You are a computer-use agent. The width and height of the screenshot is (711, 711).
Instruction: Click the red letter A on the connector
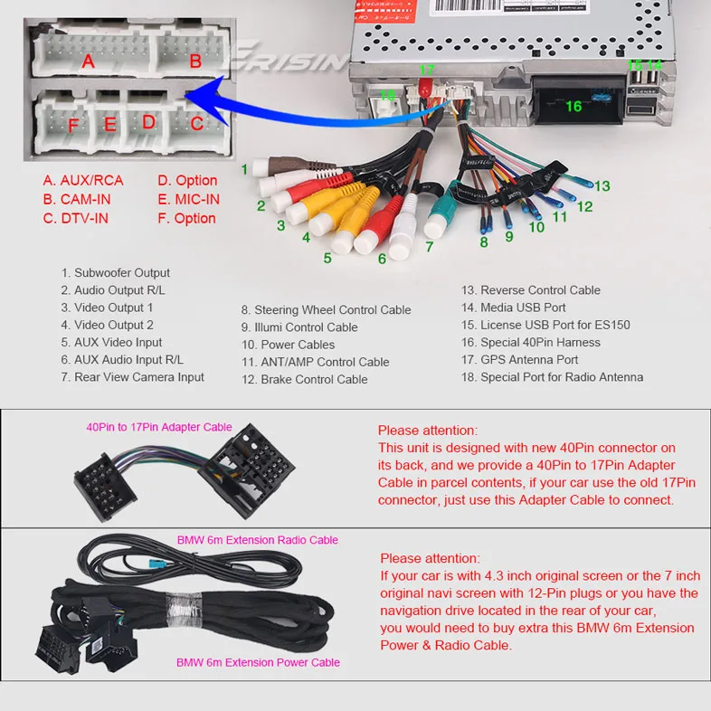coord(88,62)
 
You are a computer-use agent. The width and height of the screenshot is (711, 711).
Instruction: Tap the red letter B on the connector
coord(194,62)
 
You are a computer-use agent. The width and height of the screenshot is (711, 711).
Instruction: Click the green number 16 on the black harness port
coord(574,106)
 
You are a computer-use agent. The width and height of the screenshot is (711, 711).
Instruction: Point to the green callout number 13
coord(602,186)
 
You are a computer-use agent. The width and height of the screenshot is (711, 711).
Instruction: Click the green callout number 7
coord(430,246)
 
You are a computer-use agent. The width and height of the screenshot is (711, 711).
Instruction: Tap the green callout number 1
coord(244,169)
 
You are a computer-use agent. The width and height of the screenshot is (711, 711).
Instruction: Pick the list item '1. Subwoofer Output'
coord(116,272)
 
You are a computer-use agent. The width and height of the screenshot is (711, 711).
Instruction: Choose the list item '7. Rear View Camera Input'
coord(133,377)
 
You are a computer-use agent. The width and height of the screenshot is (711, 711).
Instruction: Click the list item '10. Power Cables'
coord(288,345)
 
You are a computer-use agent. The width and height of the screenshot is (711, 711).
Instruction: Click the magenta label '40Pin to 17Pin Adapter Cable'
coord(159,427)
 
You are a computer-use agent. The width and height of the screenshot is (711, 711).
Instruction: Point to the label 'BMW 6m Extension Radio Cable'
coord(258,540)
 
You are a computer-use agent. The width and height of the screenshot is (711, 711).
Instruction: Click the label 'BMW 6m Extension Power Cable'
coord(259,662)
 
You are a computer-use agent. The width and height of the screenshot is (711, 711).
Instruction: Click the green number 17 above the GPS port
coord(427,70)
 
